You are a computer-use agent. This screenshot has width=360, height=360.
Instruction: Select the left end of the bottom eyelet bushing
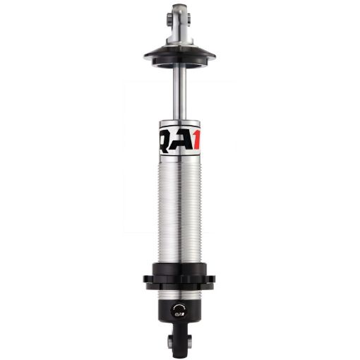pos(169,342)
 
